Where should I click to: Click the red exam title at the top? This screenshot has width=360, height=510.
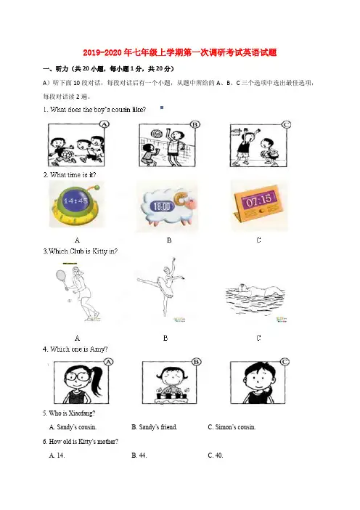[x=180, y=53]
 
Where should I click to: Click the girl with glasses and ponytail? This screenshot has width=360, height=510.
[x=81, y=382]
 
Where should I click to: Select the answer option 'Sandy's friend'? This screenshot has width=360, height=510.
[x=155, y=427]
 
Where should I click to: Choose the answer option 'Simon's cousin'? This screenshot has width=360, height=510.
[x=232, y=427]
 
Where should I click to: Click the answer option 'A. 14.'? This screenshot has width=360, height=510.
[x=57, y=456]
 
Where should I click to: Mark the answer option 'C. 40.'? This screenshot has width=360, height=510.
[x=216, y=456]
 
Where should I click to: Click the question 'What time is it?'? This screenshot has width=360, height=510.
[x=70, y=175]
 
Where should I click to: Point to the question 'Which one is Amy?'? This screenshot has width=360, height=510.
[x=75, y=349]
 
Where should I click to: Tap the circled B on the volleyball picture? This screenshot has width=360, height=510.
[x=195, y=124]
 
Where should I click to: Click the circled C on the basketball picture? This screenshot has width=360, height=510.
[x=286, y=124]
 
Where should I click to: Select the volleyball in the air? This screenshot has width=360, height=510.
[x=155, y=134]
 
